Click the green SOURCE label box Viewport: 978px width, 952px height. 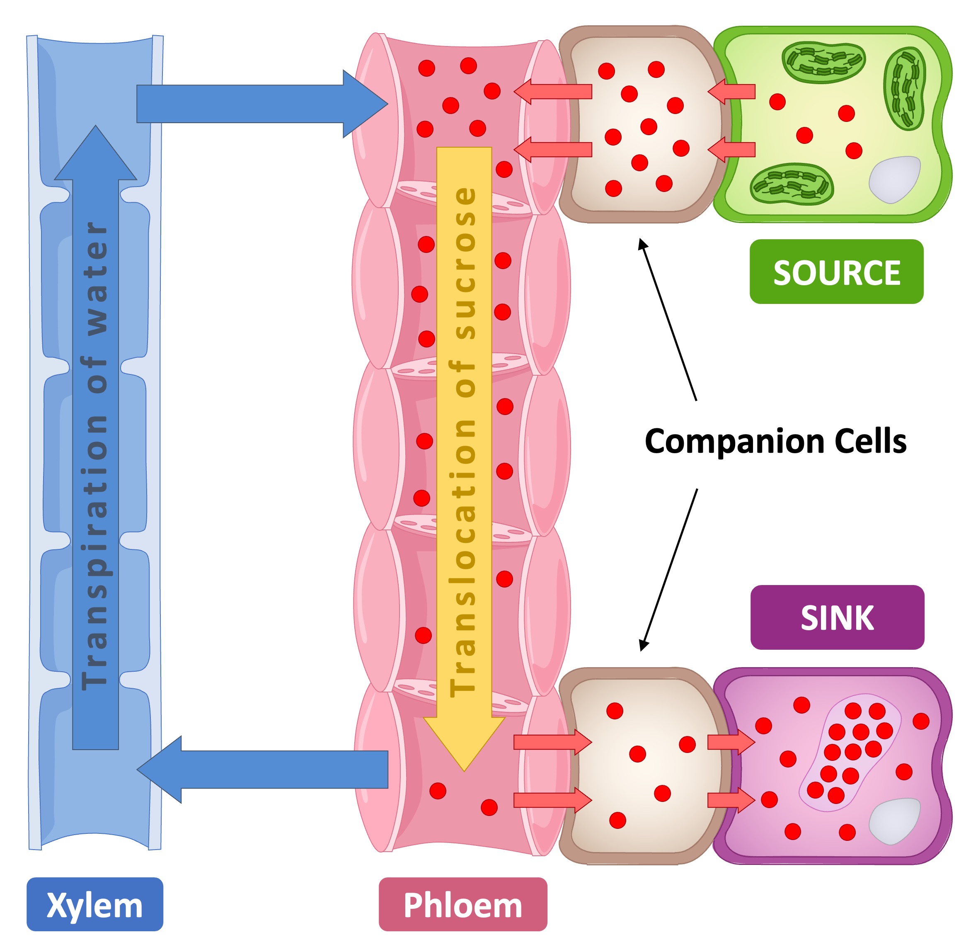click(x=836, y=272)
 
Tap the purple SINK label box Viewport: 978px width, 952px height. click(x=837, y=617)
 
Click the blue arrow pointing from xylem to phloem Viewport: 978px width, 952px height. click(x=260, y=104)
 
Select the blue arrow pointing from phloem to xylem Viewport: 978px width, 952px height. click(x=260, y=770)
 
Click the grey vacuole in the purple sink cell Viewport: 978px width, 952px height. click(x=895, y=820)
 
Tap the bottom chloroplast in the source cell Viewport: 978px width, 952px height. click(x=792, y=184)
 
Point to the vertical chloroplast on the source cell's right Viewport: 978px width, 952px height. click(x=905, y=88)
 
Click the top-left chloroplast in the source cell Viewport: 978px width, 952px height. click(x=823, y=61)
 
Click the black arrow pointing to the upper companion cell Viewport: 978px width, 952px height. click(x=667, y=320)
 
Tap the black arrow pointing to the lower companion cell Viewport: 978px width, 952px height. click(x=669, y=570)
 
